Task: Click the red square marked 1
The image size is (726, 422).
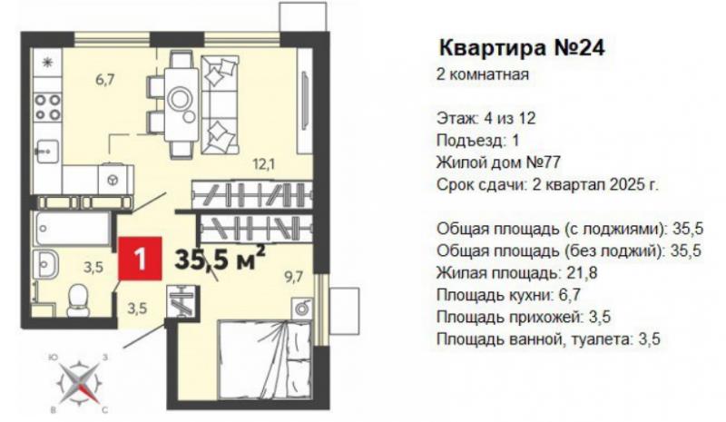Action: (140, 259)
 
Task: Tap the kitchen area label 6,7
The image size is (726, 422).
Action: (105, 80)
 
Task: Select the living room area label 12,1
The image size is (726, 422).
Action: (264, 163)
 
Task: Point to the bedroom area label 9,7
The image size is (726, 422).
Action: (293, 277)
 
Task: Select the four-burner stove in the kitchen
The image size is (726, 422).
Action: (48, 106)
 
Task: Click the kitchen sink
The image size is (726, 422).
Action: (48, 151)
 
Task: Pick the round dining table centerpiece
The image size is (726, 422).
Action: (179, 99)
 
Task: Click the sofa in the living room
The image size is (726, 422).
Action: (220, 105)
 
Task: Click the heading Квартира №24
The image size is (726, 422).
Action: (522, 47)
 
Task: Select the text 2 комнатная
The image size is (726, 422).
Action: (483, 74)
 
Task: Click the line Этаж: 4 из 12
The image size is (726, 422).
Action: (486, 118)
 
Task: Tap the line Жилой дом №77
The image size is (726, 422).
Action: (498, 162)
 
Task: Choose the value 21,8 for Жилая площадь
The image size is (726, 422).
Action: (582, 273)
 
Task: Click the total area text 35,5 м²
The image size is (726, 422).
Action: (220, 259)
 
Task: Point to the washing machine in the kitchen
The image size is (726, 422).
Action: (113, 179)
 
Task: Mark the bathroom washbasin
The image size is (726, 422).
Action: (46, 264)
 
